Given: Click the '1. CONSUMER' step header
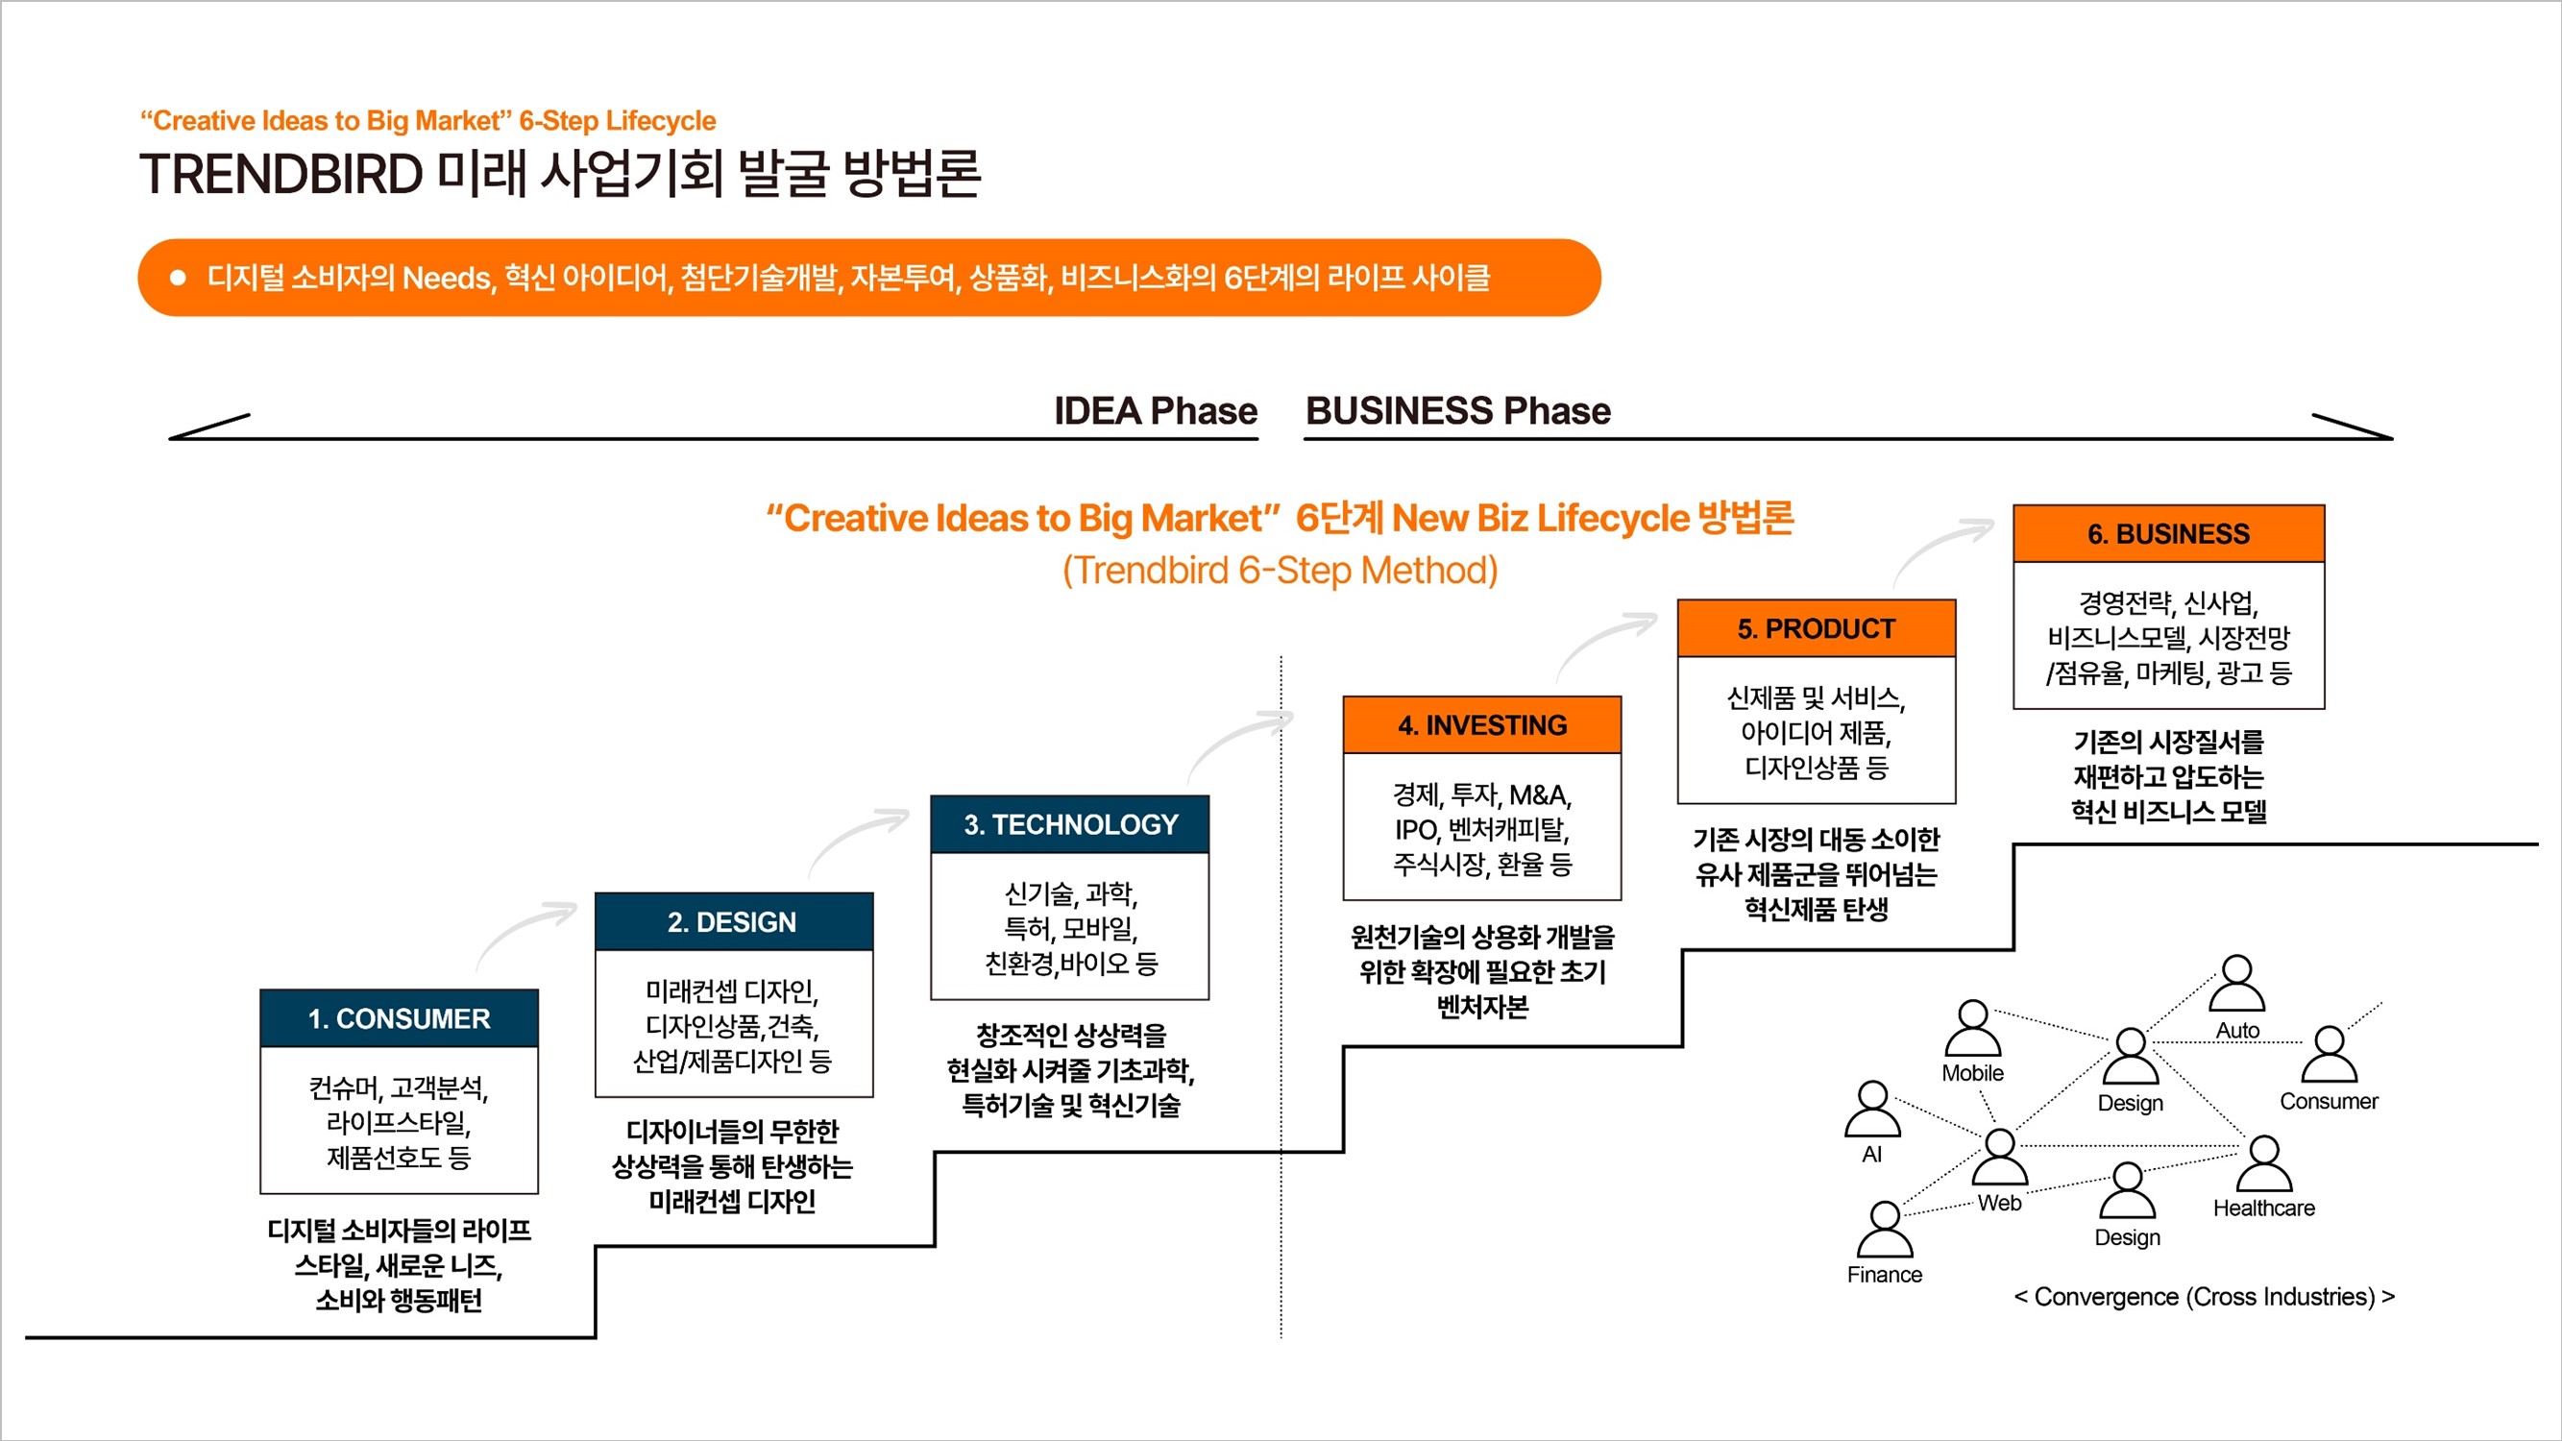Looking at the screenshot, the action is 399,1017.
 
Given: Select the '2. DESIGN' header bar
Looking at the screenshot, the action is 734,921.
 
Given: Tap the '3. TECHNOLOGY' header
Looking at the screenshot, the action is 1070,823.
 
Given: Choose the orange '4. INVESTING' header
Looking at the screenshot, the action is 1482,725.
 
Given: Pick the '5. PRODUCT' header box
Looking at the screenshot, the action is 1817,628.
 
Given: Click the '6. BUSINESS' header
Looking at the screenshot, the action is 2168,534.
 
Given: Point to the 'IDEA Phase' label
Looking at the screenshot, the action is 1156,411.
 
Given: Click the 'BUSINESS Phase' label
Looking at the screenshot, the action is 1458,411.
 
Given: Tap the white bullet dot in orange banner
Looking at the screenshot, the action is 178,278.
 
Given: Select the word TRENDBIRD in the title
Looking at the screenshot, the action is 281,174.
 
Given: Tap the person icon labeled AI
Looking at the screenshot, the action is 1873,1109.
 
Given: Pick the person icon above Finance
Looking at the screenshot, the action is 1885,1230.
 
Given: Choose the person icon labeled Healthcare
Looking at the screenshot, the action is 2263,1163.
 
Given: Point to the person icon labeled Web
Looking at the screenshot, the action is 1999,1157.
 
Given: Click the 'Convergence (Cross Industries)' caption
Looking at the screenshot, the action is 2204,1297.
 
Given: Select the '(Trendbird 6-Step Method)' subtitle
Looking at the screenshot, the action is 1280,571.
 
